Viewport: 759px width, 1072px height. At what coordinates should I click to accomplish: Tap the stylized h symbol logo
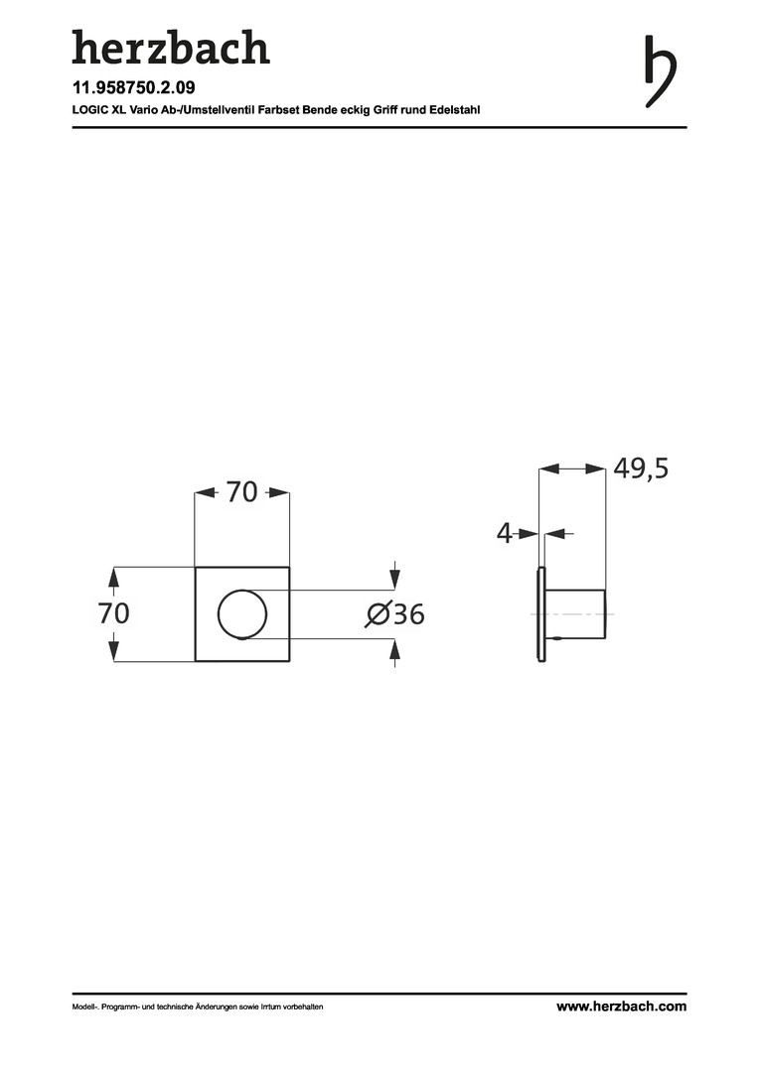[660, 71]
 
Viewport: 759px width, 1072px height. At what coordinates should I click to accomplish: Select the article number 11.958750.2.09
[133, 87]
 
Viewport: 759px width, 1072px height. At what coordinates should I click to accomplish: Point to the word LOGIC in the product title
[86, 109]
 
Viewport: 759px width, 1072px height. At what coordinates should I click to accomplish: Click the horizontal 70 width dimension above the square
[241, 492]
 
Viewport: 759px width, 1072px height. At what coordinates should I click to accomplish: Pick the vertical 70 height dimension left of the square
[113, 613]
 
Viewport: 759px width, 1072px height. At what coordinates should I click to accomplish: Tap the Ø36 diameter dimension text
[395, 614]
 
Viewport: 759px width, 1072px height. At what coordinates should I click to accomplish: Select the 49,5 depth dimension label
[641, 469]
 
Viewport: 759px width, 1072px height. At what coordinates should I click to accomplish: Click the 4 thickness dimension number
[504, 533]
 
